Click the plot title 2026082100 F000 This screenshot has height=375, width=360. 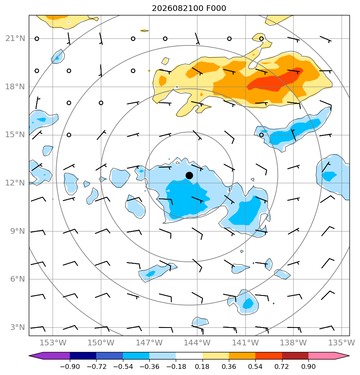(189, 9)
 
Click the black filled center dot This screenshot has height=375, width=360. (189, 176)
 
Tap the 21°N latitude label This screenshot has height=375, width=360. (15, 39)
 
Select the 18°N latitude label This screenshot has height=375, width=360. (15, 86)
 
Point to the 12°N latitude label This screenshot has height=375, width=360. (15, 183)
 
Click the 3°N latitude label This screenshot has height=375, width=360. (17, 327)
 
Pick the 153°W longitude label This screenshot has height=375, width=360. (53, 343)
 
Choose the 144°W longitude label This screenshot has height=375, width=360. (197, 343)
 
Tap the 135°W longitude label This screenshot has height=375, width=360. (342, 343)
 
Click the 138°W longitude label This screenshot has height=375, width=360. (293, 343)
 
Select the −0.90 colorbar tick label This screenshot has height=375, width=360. (70, 366)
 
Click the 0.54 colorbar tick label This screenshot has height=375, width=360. (255, 366)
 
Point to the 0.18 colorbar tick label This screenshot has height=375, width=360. (203, 366)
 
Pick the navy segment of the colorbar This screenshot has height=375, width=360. (83, 356)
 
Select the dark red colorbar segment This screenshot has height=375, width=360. (295, 356)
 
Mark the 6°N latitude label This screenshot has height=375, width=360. (17, 279)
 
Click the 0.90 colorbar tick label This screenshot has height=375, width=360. (308, 366)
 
